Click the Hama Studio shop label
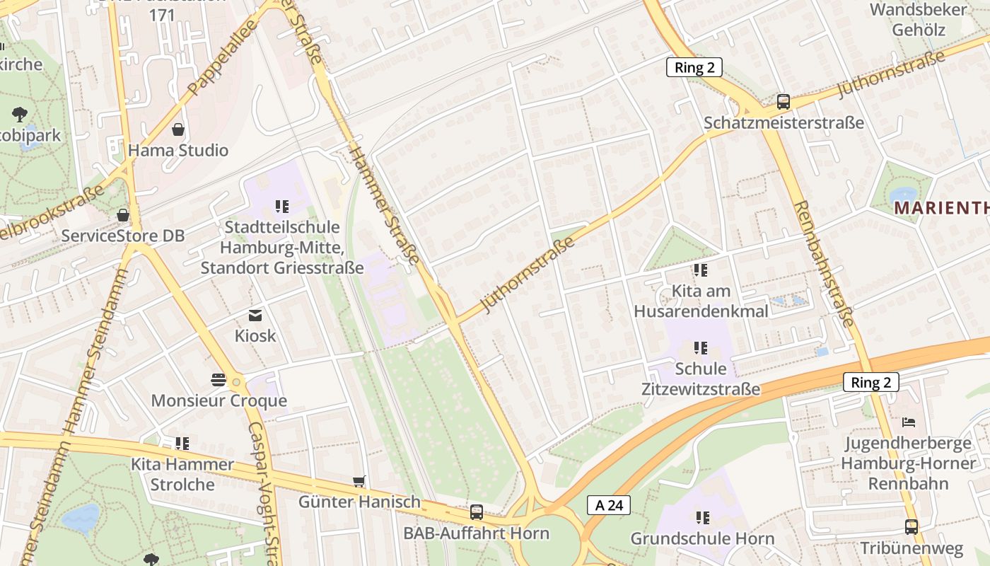pos(178,150)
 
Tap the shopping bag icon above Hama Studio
pos(178,129)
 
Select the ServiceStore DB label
pos(122,236)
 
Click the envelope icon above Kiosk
pos(255,316)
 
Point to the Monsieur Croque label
pos(219,400)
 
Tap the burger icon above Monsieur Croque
pos(218,380)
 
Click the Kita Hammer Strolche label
pos(182,474)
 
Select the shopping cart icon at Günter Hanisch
pos(359,482)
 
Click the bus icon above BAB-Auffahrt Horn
pos(477,512)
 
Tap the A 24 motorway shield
pos(608,505)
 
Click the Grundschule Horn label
pos(702,538)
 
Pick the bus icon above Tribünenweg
pos(912,527)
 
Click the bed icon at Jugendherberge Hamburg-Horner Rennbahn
pos(909,422)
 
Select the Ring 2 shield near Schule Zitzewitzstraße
pos(870,383)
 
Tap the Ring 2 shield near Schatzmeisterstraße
pos(694,67)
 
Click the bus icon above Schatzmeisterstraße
pos(784,101)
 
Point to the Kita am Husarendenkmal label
pos(701,301)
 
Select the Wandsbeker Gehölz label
pos(918,19)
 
